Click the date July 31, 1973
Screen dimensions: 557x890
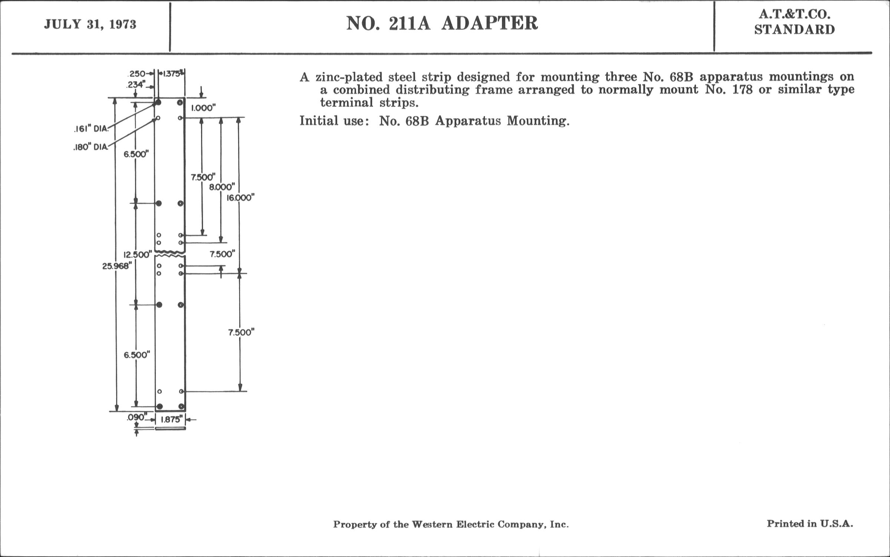click(x=90, y=24)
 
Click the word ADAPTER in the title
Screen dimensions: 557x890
click(x=489, y=23)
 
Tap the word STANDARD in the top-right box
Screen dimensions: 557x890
click(x=795, y=30)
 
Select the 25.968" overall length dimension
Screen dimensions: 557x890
click(x=117, y=266)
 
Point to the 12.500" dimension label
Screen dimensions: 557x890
click(x=138, y=255)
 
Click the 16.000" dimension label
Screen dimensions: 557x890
click(x=240, y=198)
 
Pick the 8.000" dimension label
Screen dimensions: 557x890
click(x=222, y=187)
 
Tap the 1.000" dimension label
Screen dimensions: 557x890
click(x=203, y=108)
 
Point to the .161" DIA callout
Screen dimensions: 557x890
click(x=91, y=129)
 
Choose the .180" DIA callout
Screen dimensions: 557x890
click(x=91, y=147)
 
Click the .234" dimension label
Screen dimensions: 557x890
click(x=135, y=85)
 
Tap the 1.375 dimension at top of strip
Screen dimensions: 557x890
click(x=172, y=73)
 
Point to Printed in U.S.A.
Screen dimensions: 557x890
click(x=810, y=524)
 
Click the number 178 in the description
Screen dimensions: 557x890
click(x=742, y=90)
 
